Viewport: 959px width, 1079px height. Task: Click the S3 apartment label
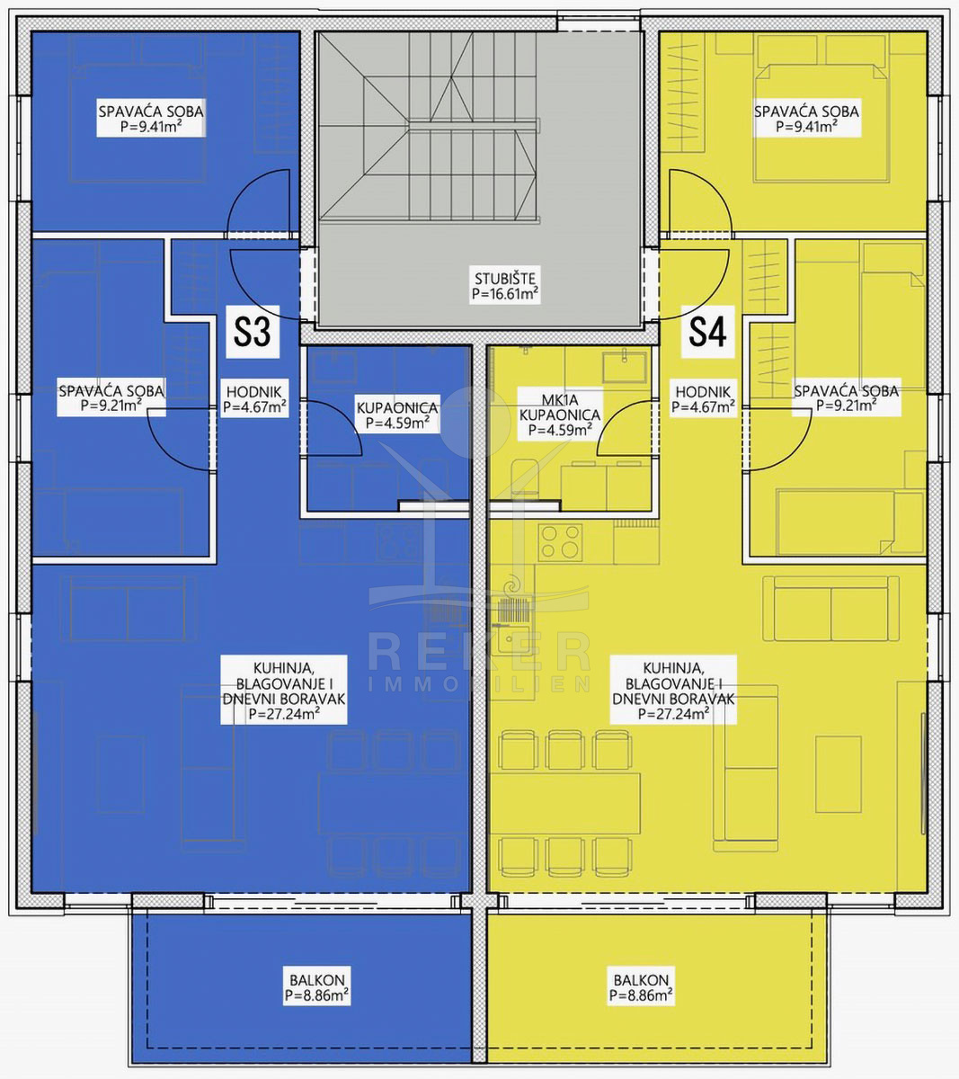pos(253,332)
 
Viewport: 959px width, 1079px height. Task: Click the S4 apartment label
pos(707,332)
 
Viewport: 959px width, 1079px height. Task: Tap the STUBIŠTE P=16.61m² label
pos(505,285)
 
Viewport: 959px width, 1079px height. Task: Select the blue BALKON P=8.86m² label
pos(317,987)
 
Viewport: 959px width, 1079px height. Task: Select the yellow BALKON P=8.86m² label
pos(641,987)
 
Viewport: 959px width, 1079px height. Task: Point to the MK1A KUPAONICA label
pos(560,415)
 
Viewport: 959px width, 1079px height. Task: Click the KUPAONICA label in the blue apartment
pos(397,415)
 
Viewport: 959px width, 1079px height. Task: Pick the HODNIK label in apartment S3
pos(254,398)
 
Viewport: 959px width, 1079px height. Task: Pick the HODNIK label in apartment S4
pos(703,398)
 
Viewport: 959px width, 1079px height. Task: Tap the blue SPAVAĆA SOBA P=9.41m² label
pos(151,118)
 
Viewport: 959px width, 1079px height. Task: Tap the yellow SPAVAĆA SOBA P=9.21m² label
pos(846,397)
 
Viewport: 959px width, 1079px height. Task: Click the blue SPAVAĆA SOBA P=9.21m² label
pos(111,397)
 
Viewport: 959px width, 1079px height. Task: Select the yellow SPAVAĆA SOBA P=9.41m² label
pos(806,118)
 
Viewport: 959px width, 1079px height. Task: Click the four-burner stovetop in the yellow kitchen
pos(560,542)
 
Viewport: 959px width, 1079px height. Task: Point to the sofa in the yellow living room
pos(830,609)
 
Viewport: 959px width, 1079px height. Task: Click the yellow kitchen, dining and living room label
pos(673,690)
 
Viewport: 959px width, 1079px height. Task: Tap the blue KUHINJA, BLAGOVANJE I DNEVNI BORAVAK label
pos(284,690)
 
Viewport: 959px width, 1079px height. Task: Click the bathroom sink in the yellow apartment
pos(624,368)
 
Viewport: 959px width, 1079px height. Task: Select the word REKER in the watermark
pos(479,651)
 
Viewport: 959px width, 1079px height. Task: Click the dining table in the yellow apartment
pos(565,804)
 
